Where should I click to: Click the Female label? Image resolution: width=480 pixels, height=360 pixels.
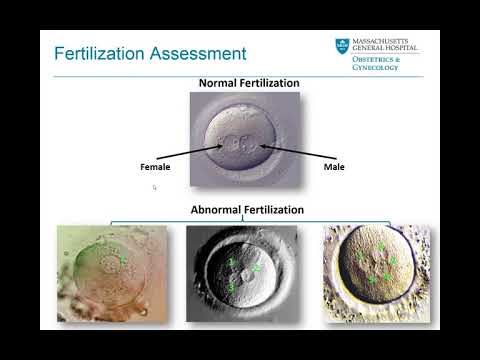156,166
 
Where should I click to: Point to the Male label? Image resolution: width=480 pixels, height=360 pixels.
334,166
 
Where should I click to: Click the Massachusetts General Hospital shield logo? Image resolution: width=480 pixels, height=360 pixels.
343,47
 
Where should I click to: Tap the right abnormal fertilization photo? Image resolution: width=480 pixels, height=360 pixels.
376,272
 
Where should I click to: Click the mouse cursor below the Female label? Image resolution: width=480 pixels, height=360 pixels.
154,187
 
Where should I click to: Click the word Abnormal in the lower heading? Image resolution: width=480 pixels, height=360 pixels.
214,210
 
